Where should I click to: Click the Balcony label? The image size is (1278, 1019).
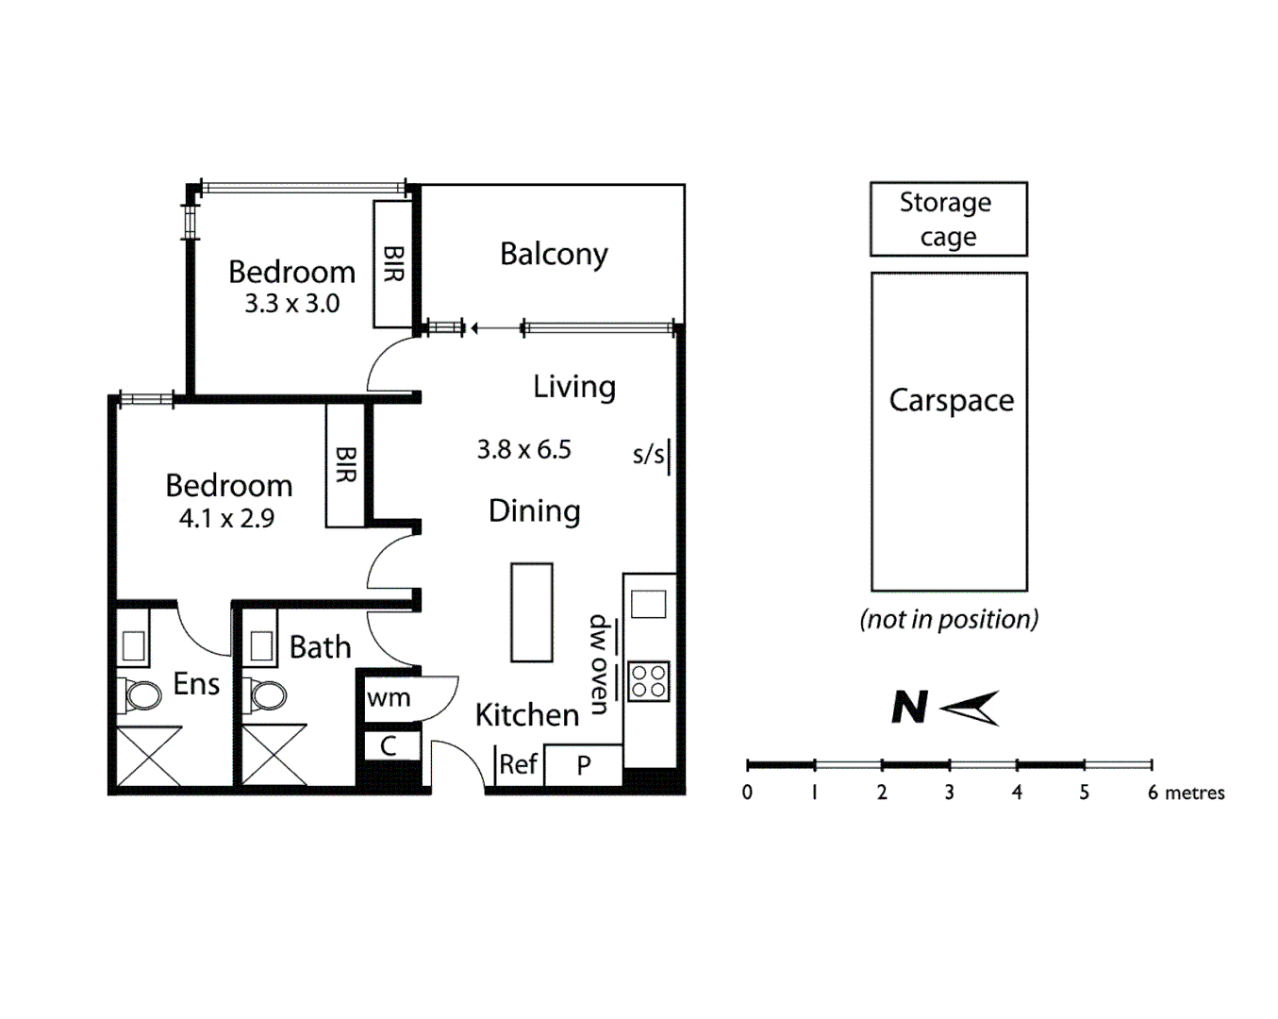point(554,254)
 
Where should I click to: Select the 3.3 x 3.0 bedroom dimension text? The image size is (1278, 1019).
point(291,304)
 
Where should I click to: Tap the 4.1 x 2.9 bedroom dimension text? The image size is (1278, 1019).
point(226,518)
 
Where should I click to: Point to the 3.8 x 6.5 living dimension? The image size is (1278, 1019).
point(523,449)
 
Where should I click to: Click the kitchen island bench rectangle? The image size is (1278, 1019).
point(532,612)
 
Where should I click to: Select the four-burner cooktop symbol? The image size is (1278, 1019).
point(648,680)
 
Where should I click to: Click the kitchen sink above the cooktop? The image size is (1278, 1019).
point(648,604)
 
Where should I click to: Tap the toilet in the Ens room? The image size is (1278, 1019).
point(141,696)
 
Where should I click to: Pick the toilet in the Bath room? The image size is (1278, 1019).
point(267,696)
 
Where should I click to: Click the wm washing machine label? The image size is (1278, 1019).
point(389,698)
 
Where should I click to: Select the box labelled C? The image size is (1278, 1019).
point(389,746)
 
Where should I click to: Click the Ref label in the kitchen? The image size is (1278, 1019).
point(518,764)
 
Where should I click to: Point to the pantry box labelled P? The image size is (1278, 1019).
point(584,765)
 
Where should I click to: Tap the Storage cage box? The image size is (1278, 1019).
point(948,219)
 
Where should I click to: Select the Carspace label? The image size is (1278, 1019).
point(951,400)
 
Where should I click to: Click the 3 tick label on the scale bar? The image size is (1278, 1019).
point(949,793)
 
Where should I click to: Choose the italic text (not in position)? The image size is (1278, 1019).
point(949,619)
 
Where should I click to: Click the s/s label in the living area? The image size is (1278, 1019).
point(648,455)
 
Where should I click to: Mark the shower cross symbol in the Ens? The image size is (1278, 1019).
point(148,756)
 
